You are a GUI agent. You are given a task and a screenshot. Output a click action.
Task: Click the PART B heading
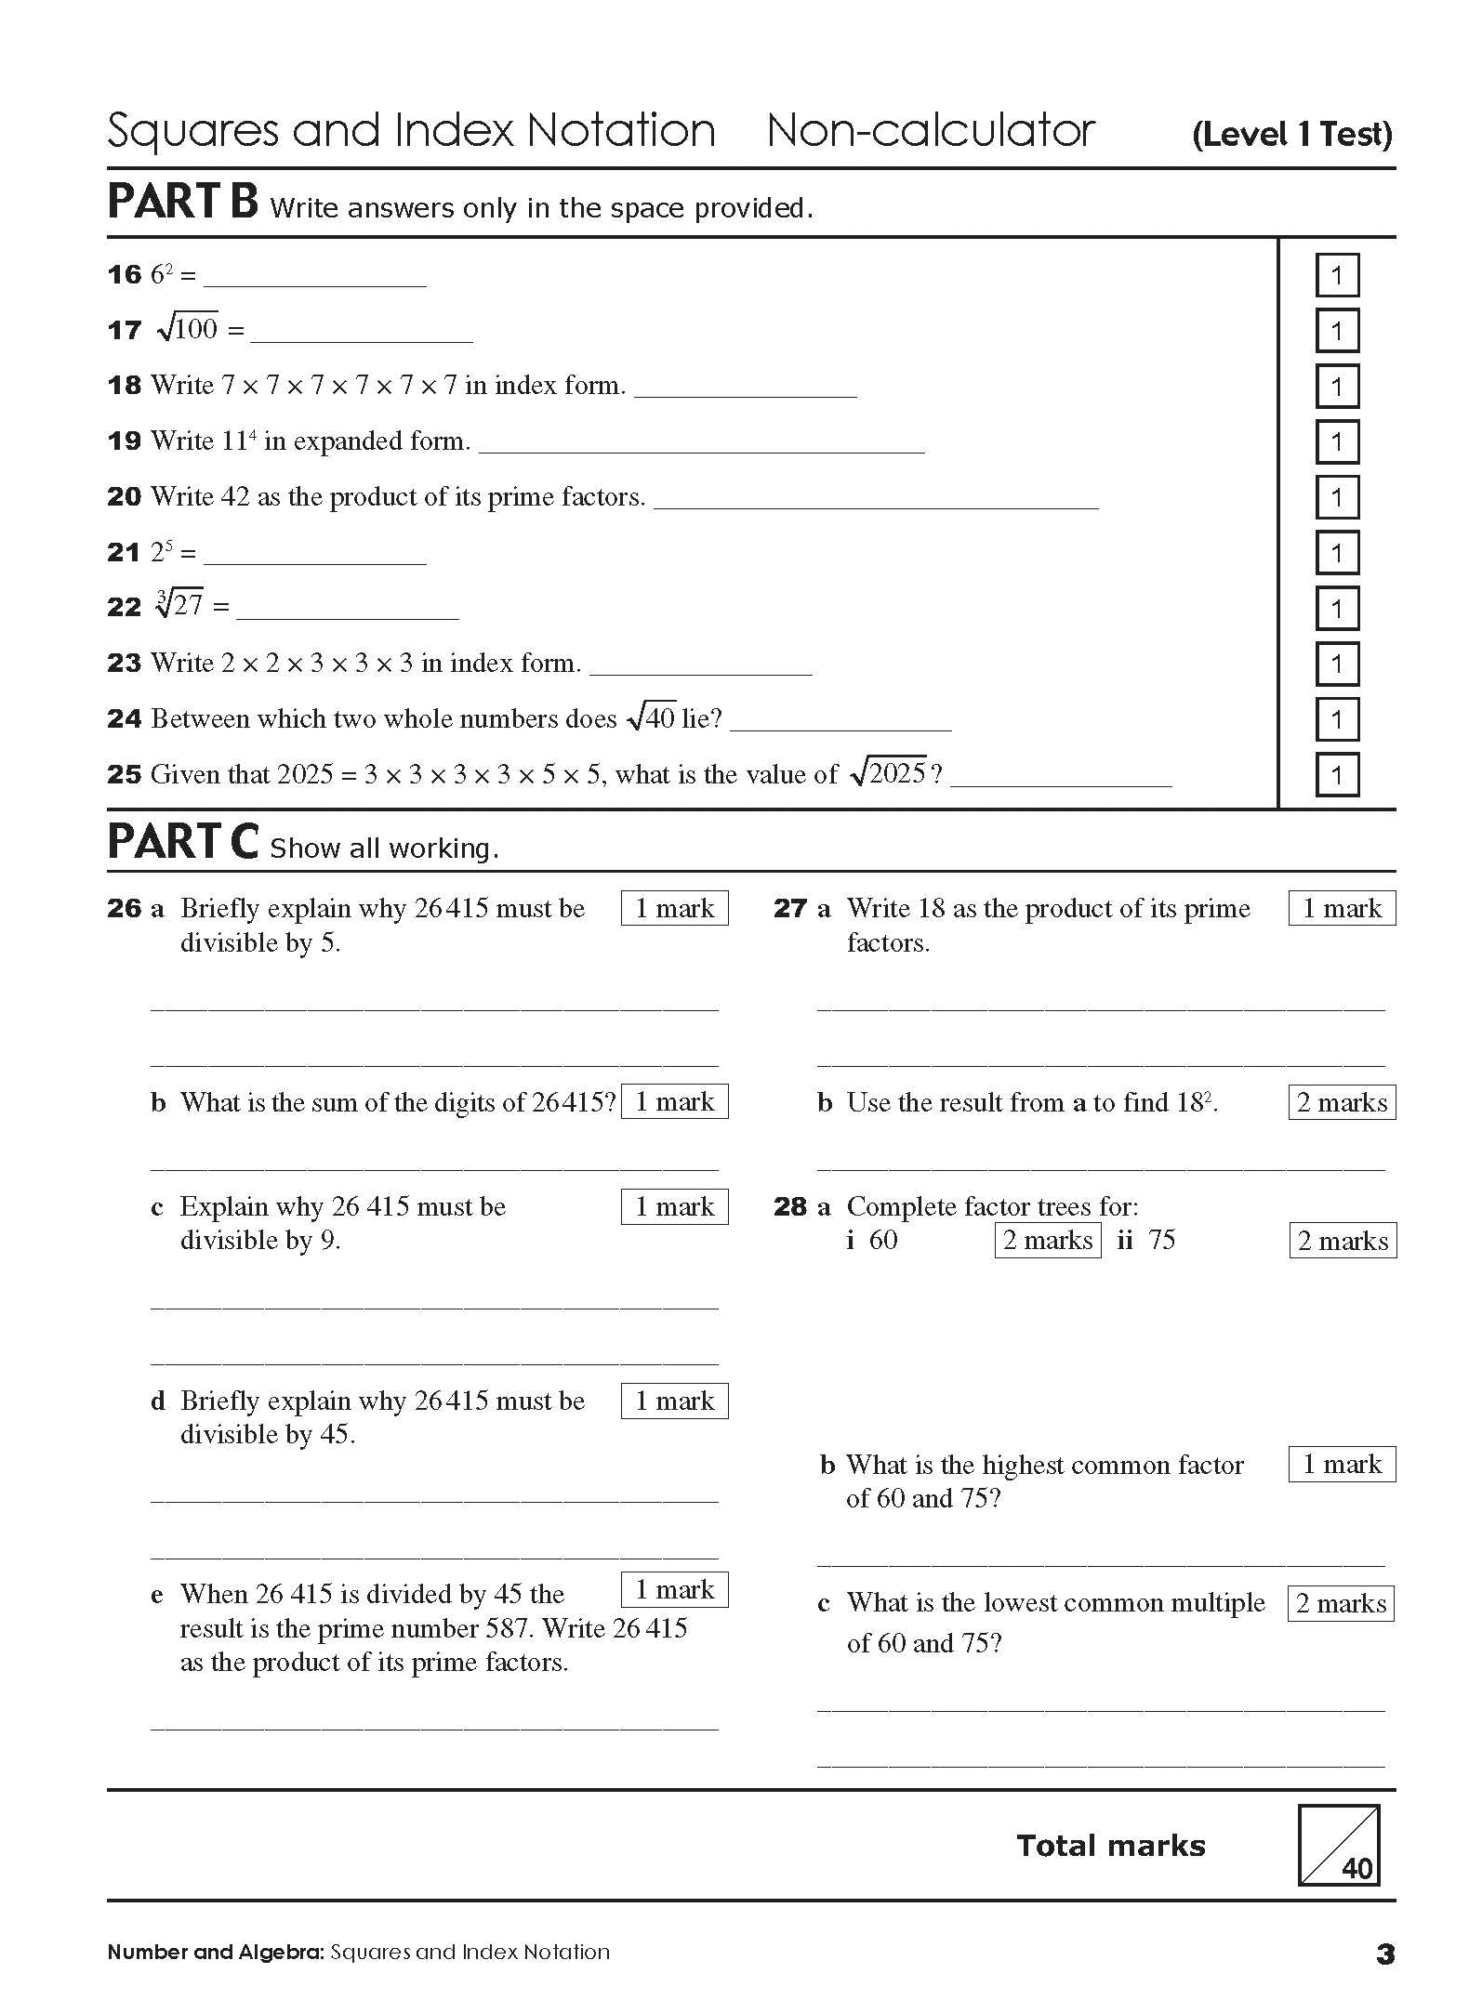pyautogui.click(x=182, y=203)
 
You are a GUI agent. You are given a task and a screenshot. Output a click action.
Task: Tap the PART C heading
pyautogui.click(x=182, y=842)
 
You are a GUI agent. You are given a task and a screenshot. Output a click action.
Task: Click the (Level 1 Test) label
pyautogui.click(x=1291, y=135)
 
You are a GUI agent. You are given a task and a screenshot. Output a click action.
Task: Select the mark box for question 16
pyautogui.click(x=1337, y=275)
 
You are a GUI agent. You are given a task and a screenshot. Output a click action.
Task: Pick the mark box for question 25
pyautogui.click(x=1337, y=775)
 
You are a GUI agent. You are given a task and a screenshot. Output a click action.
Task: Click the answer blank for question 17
pyautogui.click(x=361, y=333)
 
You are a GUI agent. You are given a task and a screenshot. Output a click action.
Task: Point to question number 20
pyautogui.click(x=124, y=497)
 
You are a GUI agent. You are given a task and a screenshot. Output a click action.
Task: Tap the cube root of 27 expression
pyautogui.click(x=180, y=606)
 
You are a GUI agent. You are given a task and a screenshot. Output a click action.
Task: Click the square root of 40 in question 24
pyautogui.click(x=651, y=717)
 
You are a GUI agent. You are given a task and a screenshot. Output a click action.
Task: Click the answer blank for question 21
pyautogui.click(x=314, y=556)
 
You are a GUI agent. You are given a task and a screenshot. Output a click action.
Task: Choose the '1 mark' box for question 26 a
pyautogui.click(x=674, y=908)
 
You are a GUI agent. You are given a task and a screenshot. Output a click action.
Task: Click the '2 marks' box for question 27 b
pyautogui.click(x=1342, y=1102)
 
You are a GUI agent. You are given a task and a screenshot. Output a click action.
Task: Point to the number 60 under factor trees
pyautogui.click(x=883, y=1240)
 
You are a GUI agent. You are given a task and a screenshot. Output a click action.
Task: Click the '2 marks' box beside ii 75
pyautogui.click(x=1343, y=1241)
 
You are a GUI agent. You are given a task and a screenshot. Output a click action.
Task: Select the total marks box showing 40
pyautogui.click(x=1338, y=1845)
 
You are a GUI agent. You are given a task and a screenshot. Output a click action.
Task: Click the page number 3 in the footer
pyautogui.click(x=1384, y=1954)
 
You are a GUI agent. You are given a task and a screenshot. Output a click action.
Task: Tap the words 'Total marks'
pyautogui.click(x=1110, y=1846)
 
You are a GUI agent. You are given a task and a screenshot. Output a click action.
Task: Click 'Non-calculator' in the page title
pyautogui.click(x=931, y=130)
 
